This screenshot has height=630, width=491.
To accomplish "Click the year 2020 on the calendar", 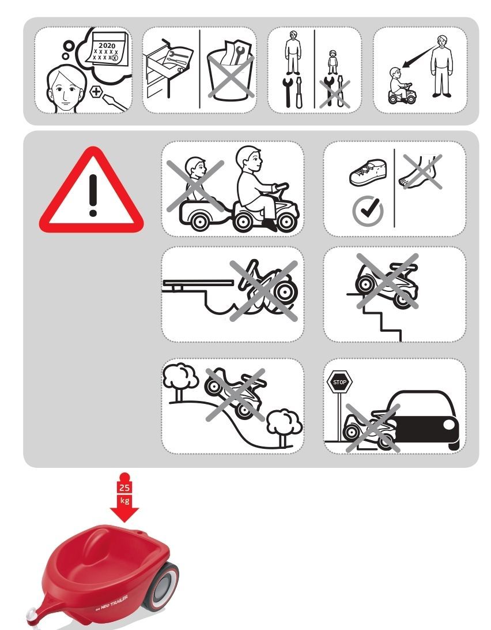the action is (x=107, y=46).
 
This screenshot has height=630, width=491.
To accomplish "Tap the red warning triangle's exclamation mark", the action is (x=93, y=195).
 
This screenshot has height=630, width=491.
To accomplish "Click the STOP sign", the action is (x=339, y=382).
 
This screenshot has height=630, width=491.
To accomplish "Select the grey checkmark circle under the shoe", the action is (x=368, y=211).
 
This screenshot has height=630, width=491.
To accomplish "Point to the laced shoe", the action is (x=368, y=172).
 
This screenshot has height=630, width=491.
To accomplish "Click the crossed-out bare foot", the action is (x=420, y=171).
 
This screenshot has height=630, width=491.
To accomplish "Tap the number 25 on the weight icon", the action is (x=124, y=487).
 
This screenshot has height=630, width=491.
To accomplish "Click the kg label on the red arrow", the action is (x=124, y=501).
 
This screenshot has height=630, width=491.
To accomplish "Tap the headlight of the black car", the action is (x=448, y=424).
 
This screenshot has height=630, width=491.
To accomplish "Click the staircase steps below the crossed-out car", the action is (x=382, y=317).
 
